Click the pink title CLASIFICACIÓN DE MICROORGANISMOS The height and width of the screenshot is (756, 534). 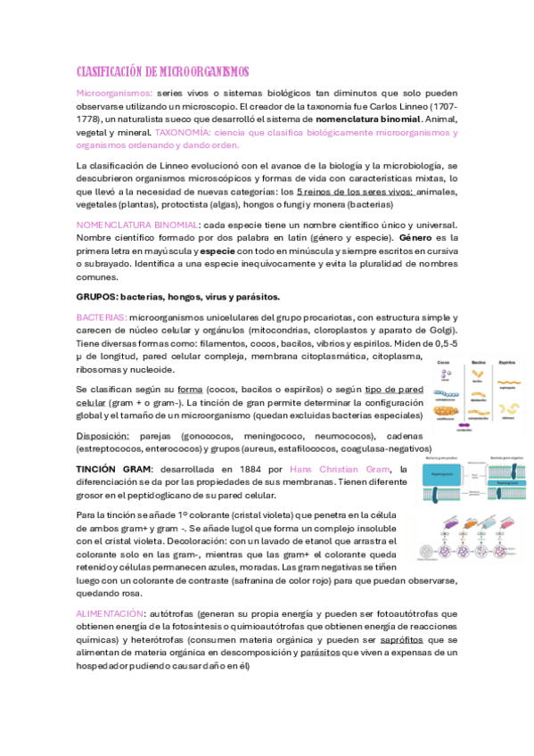[162, 71]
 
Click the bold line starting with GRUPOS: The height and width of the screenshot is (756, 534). [178, 296]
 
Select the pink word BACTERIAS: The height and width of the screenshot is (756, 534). [101, 317]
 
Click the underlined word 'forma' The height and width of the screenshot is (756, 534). [190, 390]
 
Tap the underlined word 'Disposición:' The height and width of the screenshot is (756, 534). [103, 436]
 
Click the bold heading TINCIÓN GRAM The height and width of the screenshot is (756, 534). [114, 469]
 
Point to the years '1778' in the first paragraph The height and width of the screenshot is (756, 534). [88, 119]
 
